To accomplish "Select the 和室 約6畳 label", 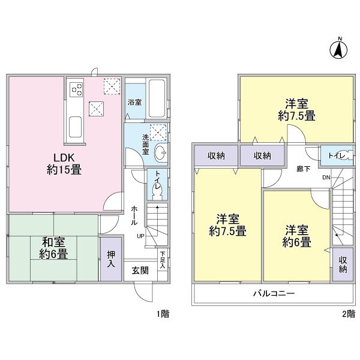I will tap(55, 248).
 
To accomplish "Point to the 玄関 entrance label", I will tap(140, 269).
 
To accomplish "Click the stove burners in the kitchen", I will tap(77, 89).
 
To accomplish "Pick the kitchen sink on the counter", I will tap(76, 127).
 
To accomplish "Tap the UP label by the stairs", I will tap(140, 235).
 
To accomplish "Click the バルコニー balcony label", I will tap(273, 294).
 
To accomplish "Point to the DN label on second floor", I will tap(325, 178).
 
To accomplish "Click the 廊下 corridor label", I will tap(303, 169).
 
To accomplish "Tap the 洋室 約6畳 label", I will tap(298, 236).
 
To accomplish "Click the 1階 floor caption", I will tap(162, 313).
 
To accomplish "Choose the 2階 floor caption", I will tap(348, 313).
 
